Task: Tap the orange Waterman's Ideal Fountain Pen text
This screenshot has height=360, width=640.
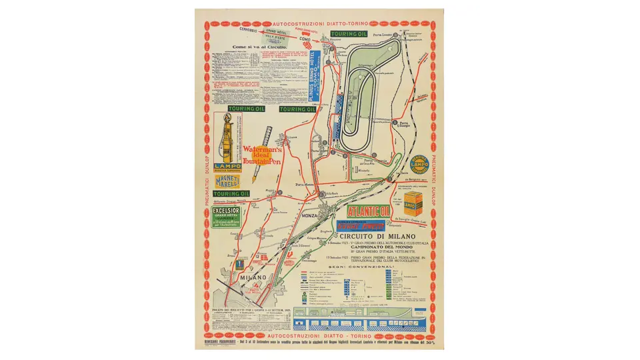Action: click(x=263, y=155)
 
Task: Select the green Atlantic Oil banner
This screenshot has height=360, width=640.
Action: click(x=367, y=211)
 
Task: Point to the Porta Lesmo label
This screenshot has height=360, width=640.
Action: click(x=382, y=34)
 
